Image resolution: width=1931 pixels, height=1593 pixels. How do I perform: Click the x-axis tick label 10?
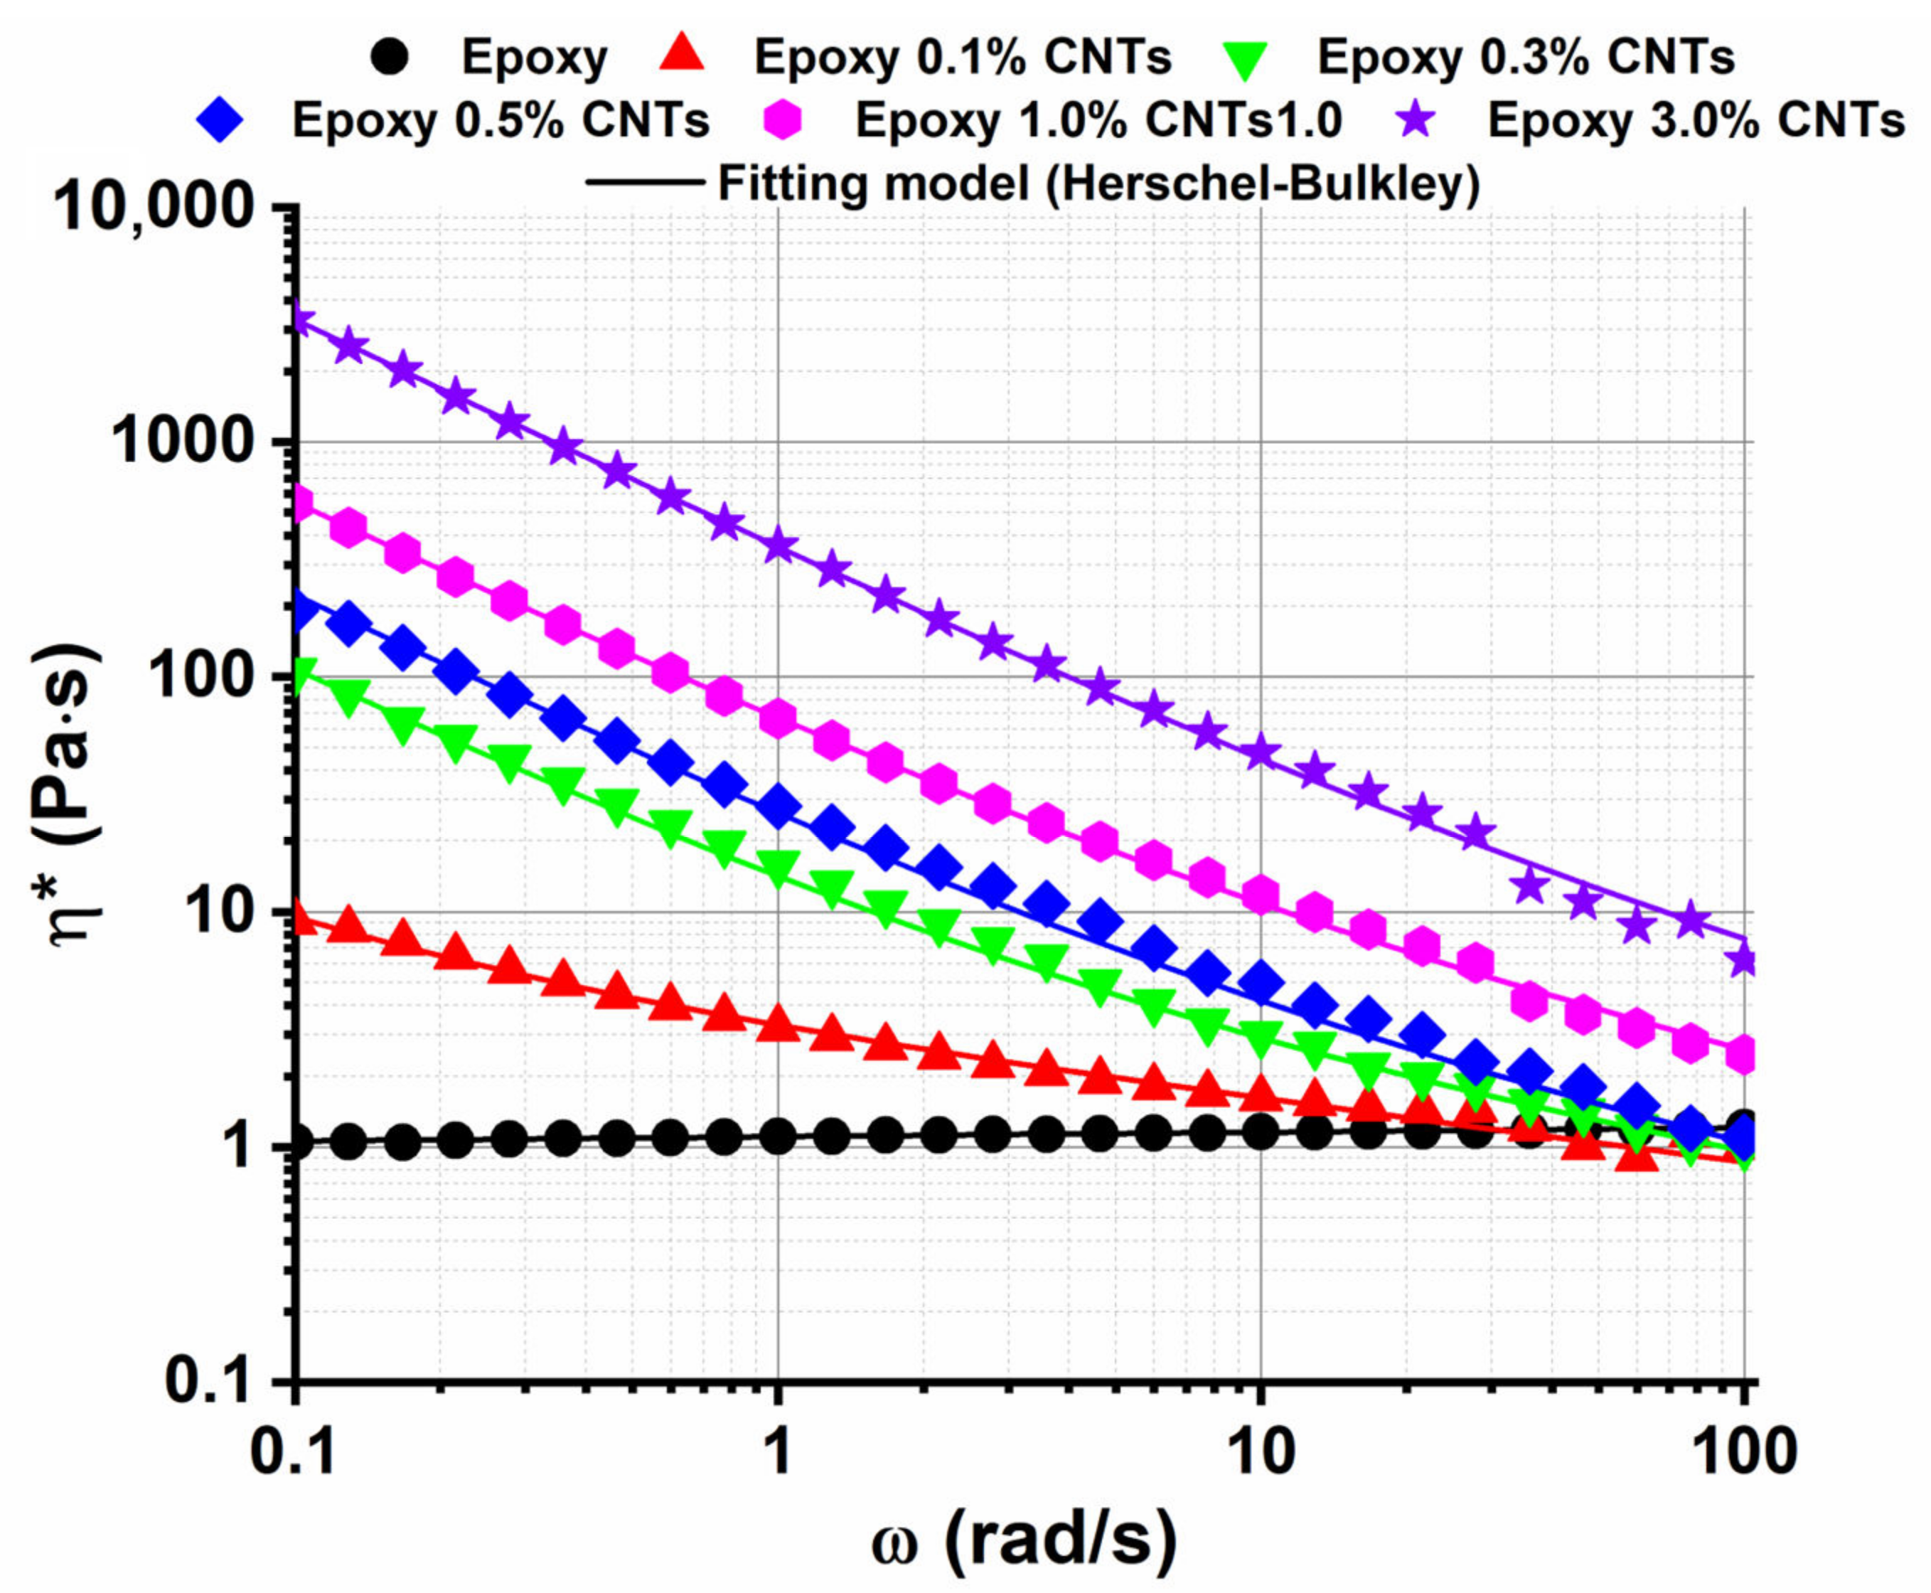[1260, 1454]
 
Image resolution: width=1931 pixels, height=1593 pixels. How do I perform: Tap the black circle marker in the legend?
[389, 57]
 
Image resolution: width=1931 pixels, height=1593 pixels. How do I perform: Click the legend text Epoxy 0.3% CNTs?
[1526, 57]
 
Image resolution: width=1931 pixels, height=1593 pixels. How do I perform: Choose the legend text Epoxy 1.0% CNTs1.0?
[1098, 120]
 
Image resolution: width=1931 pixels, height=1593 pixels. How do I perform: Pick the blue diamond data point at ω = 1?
[779, 806]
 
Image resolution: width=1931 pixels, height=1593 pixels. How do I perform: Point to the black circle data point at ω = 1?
[779, 1138]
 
